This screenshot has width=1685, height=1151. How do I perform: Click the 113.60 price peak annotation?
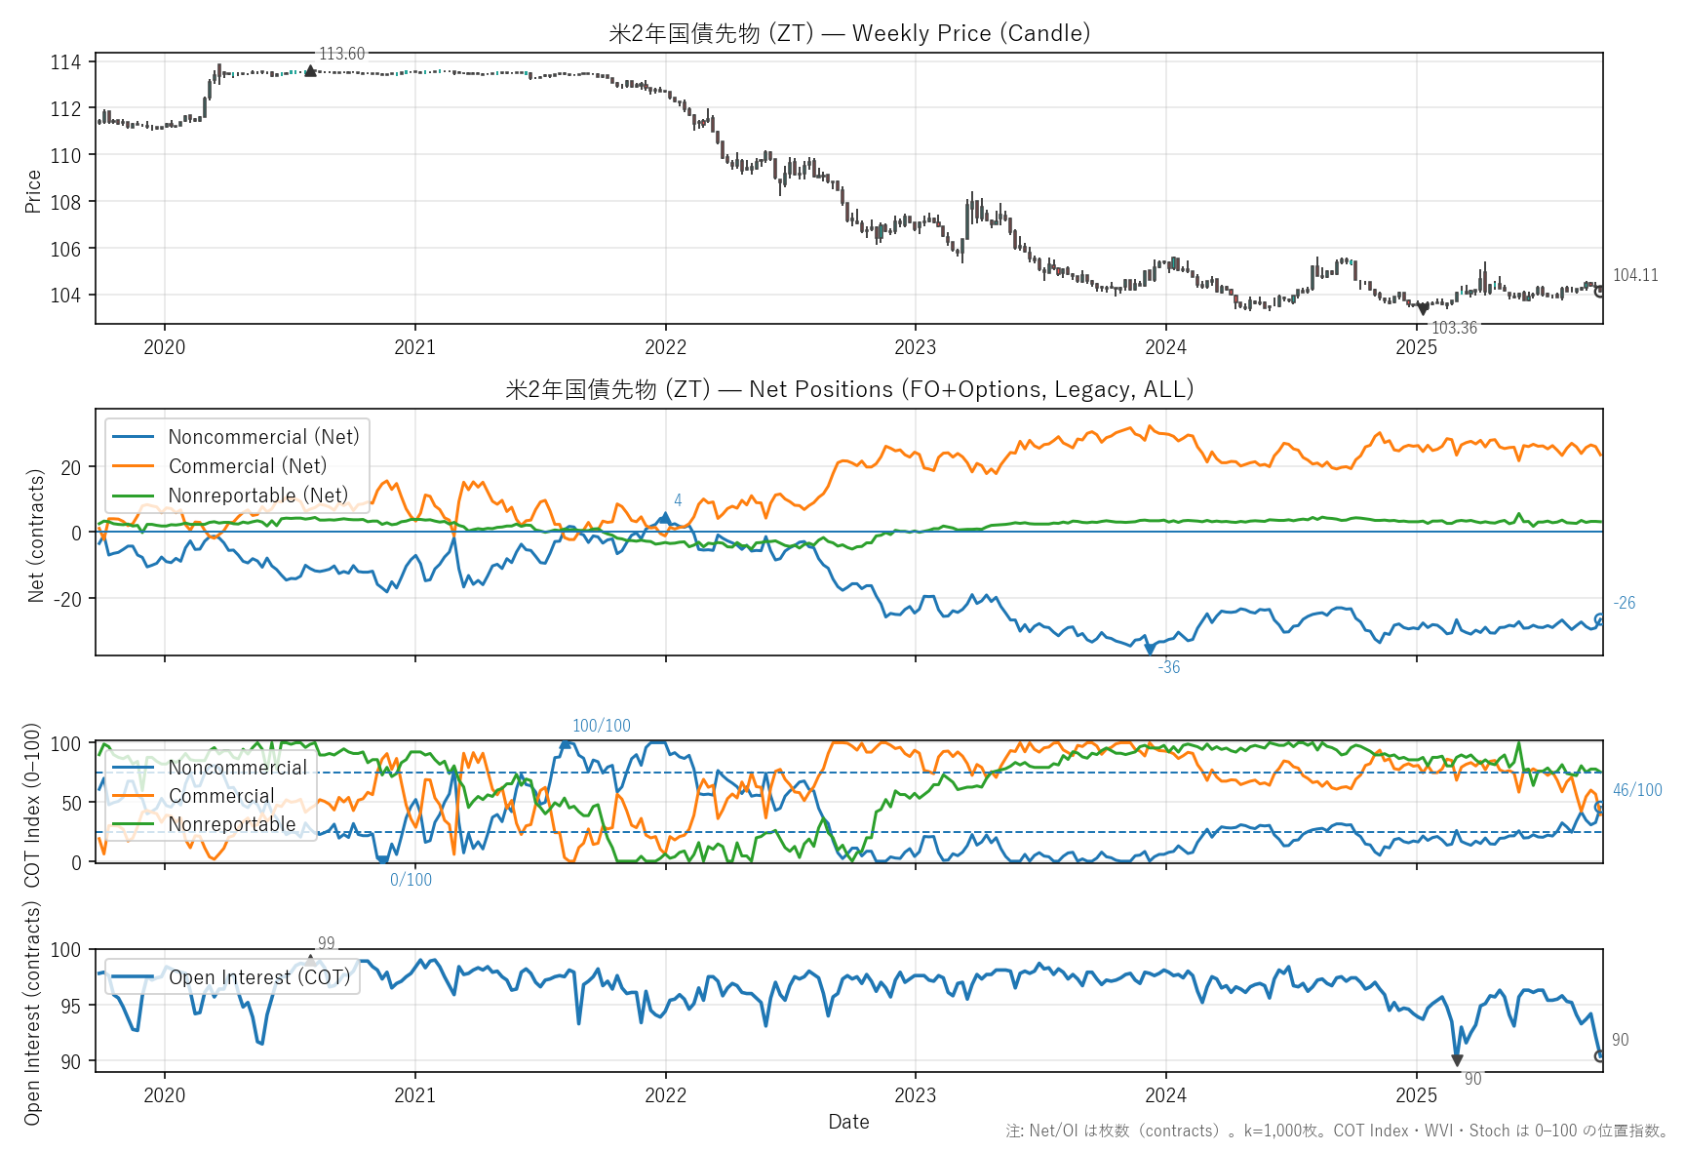coord(341,54)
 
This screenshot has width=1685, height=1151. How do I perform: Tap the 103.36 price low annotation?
coord(1454,328)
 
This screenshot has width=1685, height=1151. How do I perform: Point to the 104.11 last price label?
coord(1635,275)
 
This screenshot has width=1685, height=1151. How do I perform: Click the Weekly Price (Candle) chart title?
coord(849,33)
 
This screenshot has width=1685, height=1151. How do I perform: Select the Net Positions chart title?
coord(849,389)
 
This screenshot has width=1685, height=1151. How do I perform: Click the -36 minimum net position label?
coord(1169,667)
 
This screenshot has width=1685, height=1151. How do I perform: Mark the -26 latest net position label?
coord(1625,603)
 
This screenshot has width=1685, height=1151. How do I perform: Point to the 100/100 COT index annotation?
coord(602,726)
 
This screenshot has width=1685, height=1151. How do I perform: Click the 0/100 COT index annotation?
coord(411,880)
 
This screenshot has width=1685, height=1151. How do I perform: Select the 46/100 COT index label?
coord(1637,790)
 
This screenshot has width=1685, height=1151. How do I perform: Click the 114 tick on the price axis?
coord(65,62)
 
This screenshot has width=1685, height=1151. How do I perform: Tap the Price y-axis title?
coord(33,191)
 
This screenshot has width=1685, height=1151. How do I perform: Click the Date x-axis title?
coord(848,1122)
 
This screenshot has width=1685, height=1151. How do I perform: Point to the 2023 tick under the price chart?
coord(915,347)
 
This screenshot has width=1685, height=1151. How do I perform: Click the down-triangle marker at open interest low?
coord(1457,1060)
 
